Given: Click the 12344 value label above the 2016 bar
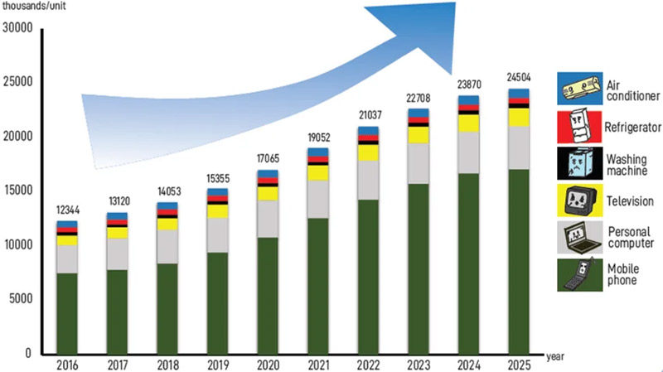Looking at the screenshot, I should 67,210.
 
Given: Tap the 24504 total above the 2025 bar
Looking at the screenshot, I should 519,78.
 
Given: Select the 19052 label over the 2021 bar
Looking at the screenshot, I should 318,138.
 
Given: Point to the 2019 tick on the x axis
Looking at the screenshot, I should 218,362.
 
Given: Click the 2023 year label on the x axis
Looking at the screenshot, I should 419,362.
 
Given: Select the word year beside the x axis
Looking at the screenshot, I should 555,356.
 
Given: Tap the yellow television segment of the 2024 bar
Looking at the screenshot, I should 469,123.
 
